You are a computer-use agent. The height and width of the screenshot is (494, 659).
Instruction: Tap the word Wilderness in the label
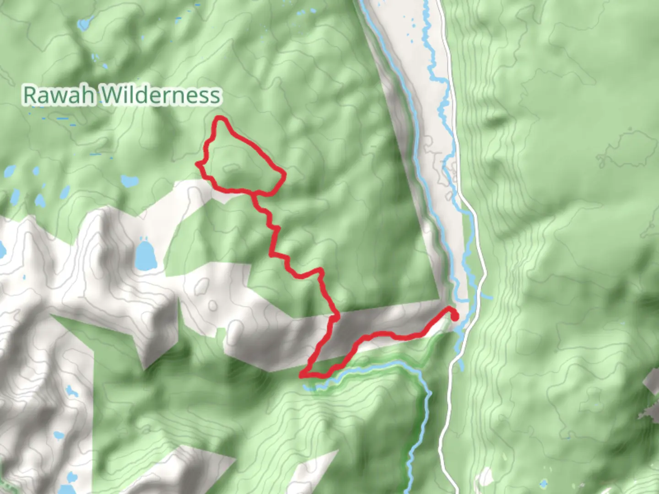pos(160,95)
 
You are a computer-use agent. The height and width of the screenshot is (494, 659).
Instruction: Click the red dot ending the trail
pos(455,317)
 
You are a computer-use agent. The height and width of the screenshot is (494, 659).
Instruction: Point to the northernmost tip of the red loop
pos(221,118)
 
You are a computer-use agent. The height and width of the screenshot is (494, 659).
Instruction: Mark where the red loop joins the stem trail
pos(253,193)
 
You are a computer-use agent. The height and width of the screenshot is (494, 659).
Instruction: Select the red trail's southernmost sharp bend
pos(302,376)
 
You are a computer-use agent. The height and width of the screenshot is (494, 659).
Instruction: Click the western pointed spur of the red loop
pos(198,163)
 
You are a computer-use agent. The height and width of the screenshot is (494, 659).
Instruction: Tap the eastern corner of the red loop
pos(284,174)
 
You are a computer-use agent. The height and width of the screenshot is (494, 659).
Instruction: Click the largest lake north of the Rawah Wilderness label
pos(84,23)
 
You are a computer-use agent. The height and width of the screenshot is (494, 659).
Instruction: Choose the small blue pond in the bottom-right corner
pos(543,483)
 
